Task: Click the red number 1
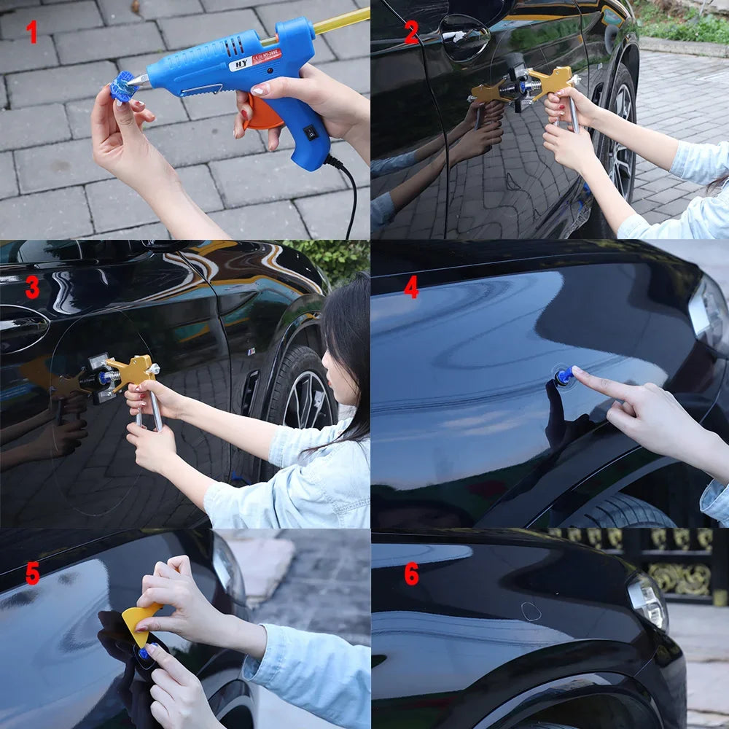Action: click(x=31, y=32)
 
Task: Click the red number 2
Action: click(x=411, y=33)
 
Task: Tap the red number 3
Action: click(x=32, y=287)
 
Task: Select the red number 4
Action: click(x=411, y=287)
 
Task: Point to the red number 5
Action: click(x=32, y=574)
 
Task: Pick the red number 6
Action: click(x=411, y=574)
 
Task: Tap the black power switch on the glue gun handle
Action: click(x=311, y=133)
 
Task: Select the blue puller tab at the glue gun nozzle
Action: click(x=123, y=87)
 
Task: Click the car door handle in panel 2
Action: click(x=465, y=36)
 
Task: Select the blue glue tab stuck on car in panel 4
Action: click(x=564, y=376)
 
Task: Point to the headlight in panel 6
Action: click(x=647, y=599)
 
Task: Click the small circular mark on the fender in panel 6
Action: click(x=531, y=611)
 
